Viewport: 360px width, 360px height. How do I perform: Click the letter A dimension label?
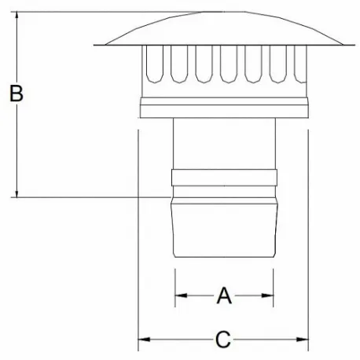(x=224, y=296)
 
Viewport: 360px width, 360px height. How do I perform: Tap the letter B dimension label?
(x=16, y=94)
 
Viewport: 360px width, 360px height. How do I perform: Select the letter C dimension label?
(x=223, y=340)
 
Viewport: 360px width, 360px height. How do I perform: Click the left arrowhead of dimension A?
(x=178, y=296)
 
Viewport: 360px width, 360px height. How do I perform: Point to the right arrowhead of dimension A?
(x=269, y=296)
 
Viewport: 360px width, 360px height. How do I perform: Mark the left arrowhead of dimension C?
(x=143, y=340)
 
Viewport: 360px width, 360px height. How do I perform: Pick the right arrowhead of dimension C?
(x=303, y=340)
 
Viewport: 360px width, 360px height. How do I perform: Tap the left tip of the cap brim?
(x=95, y=44)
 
